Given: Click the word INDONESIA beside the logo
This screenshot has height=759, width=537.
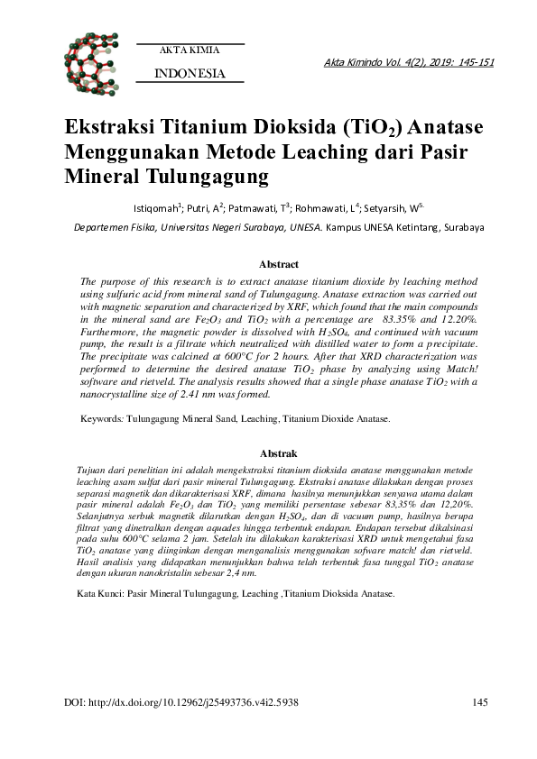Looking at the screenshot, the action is coord(190,74).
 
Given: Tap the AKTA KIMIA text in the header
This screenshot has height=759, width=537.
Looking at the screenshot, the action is coord(190,50).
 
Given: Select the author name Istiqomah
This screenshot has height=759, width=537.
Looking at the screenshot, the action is coord(155,208).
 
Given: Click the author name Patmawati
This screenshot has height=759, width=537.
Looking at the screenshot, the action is coord(259,208).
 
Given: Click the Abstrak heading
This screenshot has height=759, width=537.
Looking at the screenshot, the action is coord(278,453).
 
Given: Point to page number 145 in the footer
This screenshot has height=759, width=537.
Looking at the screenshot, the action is coord(479,702).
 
